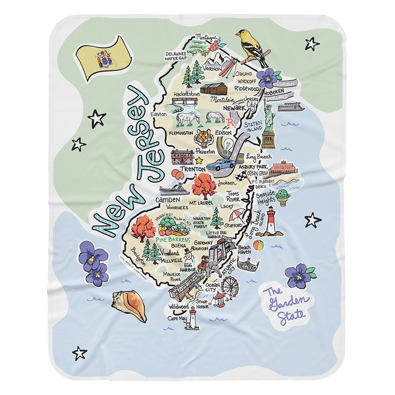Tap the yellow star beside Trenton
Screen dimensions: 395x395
199,160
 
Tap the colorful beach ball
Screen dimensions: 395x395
259,245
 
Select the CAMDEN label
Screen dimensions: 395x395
168,200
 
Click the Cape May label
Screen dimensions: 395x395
177,318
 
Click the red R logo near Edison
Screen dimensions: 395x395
231,122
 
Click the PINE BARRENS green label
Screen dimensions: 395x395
173,240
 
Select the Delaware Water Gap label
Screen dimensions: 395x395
176,55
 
